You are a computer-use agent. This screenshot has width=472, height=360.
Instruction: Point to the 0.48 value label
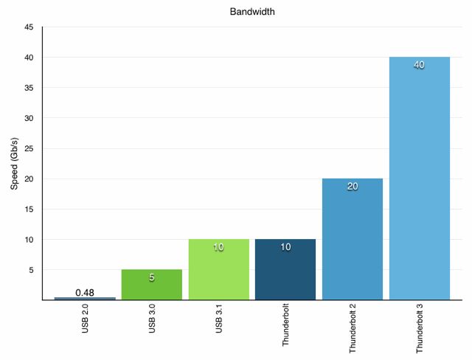pyautogui.click(x=85, y=292)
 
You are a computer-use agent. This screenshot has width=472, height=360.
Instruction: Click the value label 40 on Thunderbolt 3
pyautogui.click(x=419, y=65)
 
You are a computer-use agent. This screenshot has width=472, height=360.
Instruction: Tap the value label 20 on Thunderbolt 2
pyautogui.click(x=352, y=187)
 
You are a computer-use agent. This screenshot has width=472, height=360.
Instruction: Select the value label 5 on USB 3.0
pyautogui.click(x=151, y=278)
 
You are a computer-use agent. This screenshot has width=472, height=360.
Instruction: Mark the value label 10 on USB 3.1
pyautogui.click(x=218, y=247)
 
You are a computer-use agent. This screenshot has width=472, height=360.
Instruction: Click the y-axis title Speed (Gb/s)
pyautogui.click(x=14, y=163)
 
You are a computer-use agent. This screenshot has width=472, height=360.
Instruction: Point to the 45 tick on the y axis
pyautogui.click(x=29, y=27)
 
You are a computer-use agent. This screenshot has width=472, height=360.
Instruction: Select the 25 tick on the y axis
pyautogui.click(x=29, y=148)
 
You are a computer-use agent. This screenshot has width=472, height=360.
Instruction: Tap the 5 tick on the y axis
pyautogui.click(x=32, y=270)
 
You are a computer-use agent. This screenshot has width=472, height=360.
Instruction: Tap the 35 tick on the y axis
pyautogui.click(x=29, y=88)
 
